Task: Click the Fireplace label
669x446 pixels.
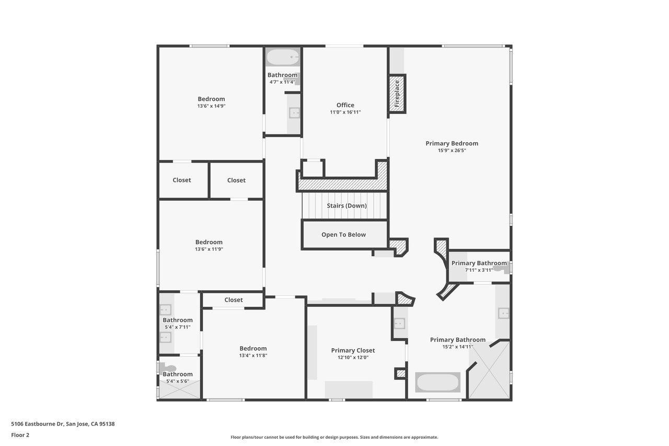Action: click(397, 94)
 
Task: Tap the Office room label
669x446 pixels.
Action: click(345, 105)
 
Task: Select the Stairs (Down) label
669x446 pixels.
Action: click(347, 206)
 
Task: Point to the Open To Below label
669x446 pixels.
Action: click(343, 235)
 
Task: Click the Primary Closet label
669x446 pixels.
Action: click(353, 350)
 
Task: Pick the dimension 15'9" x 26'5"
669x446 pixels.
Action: click(452, 151)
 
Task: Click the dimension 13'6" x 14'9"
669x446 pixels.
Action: click(211, 106)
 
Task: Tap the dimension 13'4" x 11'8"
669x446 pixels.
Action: click(253, 356)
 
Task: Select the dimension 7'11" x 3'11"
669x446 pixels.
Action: click(479, 270)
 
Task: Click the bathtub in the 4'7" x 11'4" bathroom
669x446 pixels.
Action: click(283, 57)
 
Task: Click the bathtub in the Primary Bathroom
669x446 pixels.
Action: click(438, 382)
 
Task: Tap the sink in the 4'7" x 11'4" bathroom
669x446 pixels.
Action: click(294, 113)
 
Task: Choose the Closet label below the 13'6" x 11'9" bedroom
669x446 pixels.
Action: click(234, 300)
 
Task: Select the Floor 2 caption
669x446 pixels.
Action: click(20, 435)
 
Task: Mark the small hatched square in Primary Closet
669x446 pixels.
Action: click(401, 373)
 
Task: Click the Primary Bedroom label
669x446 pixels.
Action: click(452, 143)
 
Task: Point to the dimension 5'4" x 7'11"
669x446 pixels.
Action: click(178, 327)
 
